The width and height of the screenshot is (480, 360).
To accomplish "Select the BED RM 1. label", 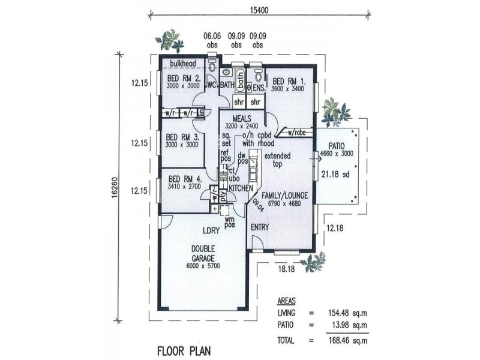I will [289, 81].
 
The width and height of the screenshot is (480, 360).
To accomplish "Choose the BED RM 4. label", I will [185, 179].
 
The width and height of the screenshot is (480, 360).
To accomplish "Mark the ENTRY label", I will [260, 227].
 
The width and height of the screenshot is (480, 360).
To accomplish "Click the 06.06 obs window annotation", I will [212, 40].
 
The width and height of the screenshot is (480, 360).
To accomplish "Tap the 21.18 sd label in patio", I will [332, 175].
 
